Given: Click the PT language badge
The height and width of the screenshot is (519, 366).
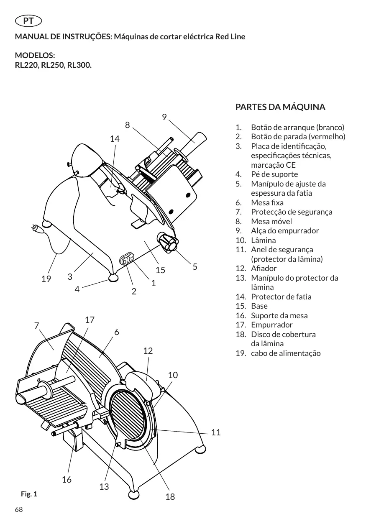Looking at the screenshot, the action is coord(28,21).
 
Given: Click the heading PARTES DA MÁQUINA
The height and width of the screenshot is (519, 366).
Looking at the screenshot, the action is coord(280,107).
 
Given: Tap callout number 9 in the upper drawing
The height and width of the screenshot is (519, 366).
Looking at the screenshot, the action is coord(164,117).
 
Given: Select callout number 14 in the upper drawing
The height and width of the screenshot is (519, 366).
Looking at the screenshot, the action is coord(115,139).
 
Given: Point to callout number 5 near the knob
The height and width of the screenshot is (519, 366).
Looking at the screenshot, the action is coord(195,267).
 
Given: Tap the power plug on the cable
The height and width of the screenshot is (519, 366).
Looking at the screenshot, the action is coord(37,228).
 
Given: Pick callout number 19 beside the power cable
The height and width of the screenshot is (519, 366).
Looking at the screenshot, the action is coord(46,279).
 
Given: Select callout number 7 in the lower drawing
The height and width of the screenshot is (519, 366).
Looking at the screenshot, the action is coord(36,325).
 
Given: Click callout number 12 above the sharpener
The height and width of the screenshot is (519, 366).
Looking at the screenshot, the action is coord(148,351).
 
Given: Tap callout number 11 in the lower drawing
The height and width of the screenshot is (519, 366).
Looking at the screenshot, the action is coord(216,432).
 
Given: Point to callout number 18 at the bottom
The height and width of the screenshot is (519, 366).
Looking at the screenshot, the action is coord(170,496).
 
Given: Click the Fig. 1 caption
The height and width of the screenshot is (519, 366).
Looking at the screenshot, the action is coord(29,494).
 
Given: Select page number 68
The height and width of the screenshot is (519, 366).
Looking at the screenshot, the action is coord(19,509).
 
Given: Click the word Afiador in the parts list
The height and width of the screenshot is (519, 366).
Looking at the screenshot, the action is coord(264,268).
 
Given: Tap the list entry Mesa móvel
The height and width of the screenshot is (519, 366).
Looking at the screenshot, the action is coord(271,222).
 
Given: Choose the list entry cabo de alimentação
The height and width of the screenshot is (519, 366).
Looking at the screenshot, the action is coord(286,353).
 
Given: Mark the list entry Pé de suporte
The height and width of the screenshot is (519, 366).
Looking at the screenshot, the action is coord(274,174).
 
